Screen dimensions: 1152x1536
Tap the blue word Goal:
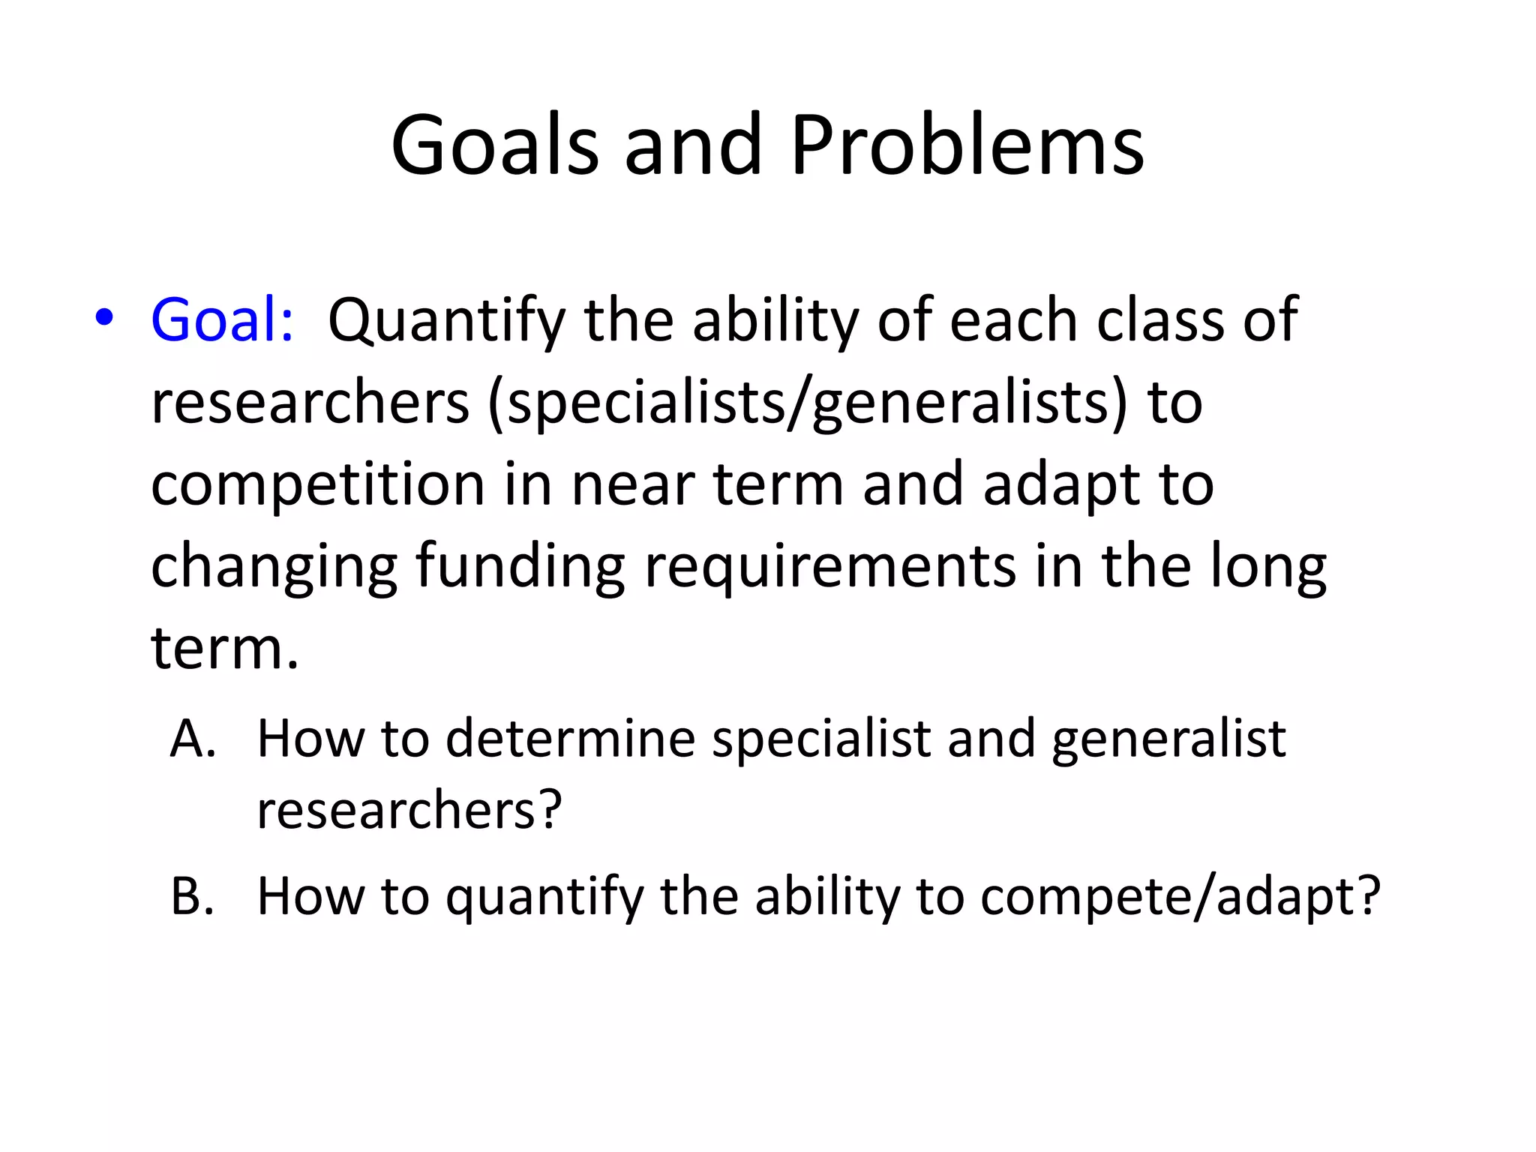pos(222,320)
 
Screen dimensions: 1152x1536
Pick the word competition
pos(318,486)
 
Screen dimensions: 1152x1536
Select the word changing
pos(274,568)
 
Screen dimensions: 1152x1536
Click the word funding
pos(520,568)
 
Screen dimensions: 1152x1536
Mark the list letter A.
pos(192,739)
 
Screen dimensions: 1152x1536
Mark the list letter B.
pos(192,895)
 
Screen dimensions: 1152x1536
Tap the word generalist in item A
pos(1168,739)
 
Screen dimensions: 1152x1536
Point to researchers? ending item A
pos(409,810)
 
